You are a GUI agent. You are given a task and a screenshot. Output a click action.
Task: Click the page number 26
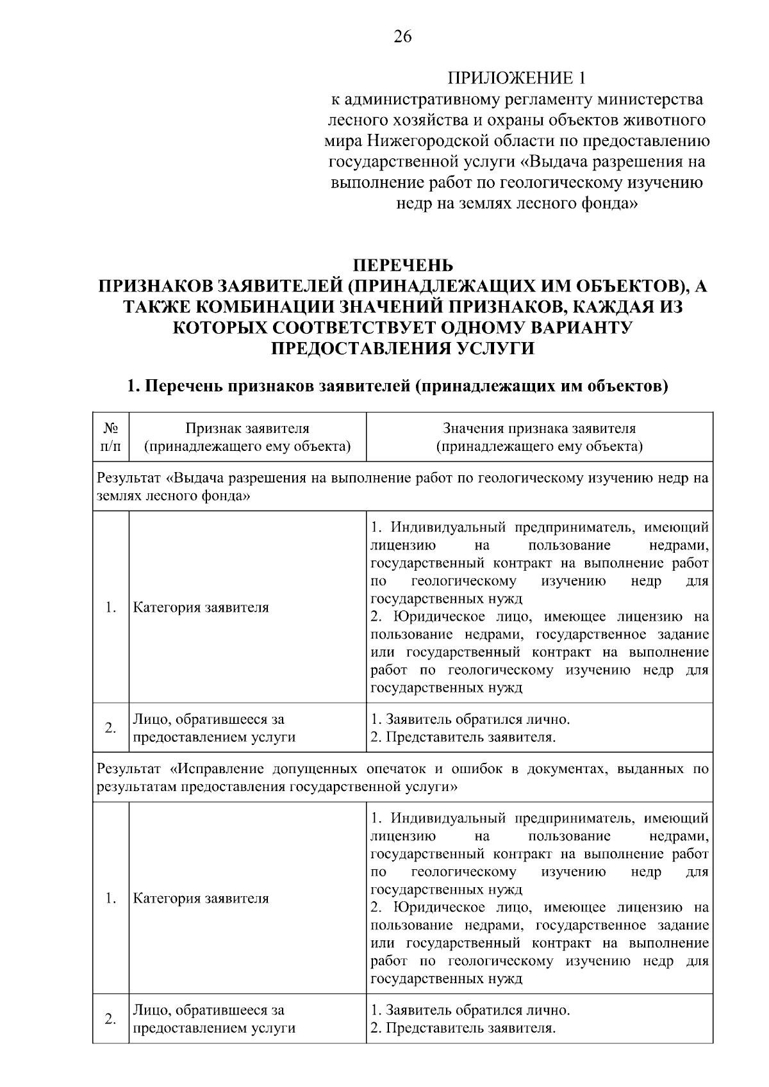402,37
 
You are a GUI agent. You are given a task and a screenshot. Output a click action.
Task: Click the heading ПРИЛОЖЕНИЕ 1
516,78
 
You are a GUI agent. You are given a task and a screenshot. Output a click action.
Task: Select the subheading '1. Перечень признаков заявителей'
397,386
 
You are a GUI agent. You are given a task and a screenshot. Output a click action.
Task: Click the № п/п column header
110,437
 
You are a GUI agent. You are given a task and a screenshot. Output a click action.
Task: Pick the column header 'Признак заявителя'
247,437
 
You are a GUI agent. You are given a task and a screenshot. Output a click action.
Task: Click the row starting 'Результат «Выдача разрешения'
402,487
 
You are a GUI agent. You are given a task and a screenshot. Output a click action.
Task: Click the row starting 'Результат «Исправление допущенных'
402,777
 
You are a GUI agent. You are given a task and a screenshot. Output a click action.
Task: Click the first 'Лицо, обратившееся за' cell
214,728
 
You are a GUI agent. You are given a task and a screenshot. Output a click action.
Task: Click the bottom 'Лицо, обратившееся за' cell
214,1019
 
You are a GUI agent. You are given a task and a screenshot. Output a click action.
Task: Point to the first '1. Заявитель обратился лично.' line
470,719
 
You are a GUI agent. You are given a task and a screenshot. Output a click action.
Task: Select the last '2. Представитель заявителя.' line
463,1028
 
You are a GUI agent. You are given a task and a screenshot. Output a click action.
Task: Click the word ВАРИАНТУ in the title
581,327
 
